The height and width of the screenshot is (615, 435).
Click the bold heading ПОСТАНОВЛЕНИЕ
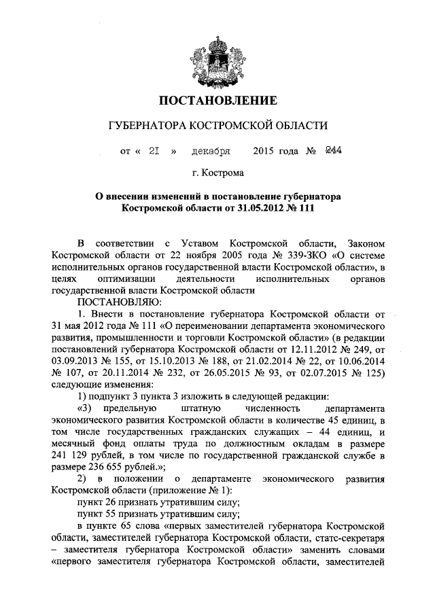tap(217, 102)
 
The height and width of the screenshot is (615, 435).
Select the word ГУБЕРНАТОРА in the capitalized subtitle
tap(148, 126)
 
